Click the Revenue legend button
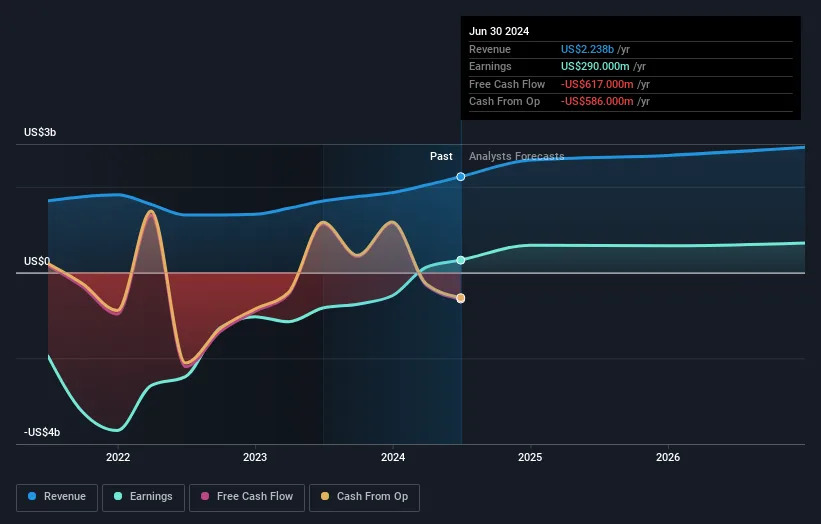pyautogui.click(x=57, y=497)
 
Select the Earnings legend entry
pyautogui.click(x=143, y=497)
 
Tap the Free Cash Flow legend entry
pyautogui.click(x=247, y=497)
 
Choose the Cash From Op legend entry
pyautogui.click(x=364, y=497)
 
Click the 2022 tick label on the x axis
pyautogui.click(x=118, y=457)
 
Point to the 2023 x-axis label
pyautogui.click(x=255, y=457)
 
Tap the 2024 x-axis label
pyautogui.click(x=393, y=457)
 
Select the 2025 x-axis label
pyautogui.click(x=530, y=457)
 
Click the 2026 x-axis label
pyautogui.click(x=668, y=457)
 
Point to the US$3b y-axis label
pyautogui.click(x=40, y=132)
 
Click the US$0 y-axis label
pyautogui.click(x=37, y=261)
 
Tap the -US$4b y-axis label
pyautogui.click(x=42, y=432)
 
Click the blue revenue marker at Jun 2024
pyautogui.click(x=460, y=177)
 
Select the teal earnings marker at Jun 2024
pyautogui.click(x=460, y=260)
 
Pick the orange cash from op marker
pyautogui.click(x=460, y=298)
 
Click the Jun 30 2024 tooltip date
pyautogui.click(x=499, y=31)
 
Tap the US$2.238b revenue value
pyautogui.click(x=587, y=49)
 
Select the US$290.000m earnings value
pyautogui.click(x=595, y=66)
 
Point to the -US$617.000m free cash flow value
pyautogui.click(x=597, y=84)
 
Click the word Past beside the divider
pyautogui.click(x=441, y=156)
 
